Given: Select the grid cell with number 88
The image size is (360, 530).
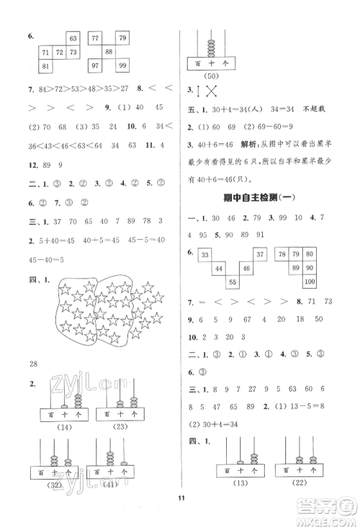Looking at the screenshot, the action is pos(108,51).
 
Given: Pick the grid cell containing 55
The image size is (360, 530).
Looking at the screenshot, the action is pos(232,282).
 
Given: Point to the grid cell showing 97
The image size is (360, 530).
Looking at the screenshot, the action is pos(94,66).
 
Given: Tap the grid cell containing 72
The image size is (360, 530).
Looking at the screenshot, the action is pos(60,52).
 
